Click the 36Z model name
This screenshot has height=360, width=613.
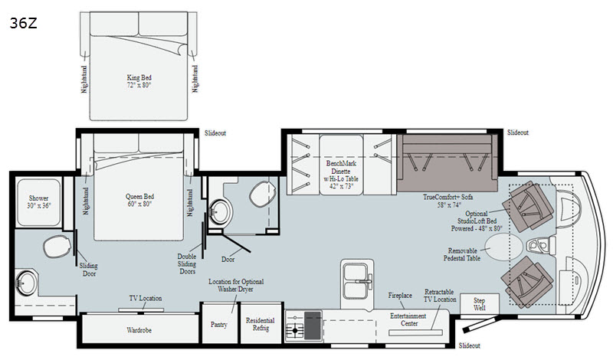[24, 24]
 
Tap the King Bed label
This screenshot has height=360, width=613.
[139, 77]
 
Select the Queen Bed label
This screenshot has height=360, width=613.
[139, 196]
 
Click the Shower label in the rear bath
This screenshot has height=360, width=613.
[39, 198]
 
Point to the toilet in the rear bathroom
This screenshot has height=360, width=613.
[57, 246]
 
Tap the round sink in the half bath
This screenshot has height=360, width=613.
[220, 211]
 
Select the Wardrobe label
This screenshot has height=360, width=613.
[139, 330]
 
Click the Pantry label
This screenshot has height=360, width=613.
[219, 325]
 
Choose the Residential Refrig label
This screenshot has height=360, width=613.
[261, 324]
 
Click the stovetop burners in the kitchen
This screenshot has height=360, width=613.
[295, 326]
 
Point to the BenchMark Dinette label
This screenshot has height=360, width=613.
[341, 167]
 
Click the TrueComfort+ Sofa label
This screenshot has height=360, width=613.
[447, 197]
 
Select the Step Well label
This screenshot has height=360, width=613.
[480, 304]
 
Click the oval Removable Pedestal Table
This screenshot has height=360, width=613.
[503, 247]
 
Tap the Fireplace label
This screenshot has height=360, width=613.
[400, 296]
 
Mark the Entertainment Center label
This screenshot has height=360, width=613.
[408, 319]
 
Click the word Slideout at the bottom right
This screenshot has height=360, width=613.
[469, 345]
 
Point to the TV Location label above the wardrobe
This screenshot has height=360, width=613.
[146, 298]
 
